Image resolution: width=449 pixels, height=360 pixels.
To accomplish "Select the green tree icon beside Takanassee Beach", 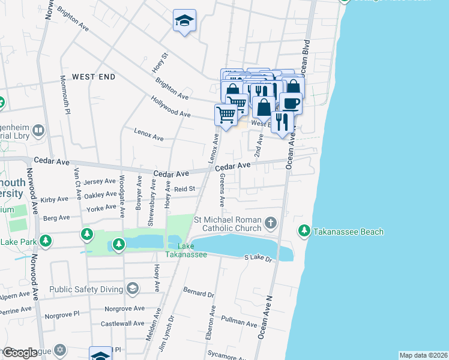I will pyautogui.click(x=304, y=230).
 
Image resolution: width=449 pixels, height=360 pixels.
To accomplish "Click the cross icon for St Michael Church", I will pyautogui.click(x=271, y=223).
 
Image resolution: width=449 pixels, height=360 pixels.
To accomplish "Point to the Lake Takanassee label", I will pyautogui.click(x=187, y=250).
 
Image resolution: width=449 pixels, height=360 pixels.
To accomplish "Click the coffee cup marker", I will pyautogui.click(x=291, y=103).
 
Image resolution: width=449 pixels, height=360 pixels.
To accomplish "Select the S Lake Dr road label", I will pyautogui.click(x=258, y=257).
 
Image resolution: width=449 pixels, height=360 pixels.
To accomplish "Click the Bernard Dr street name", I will pyautogui.click(x=199, y=295).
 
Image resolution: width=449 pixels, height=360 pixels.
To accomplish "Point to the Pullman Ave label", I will pyautogui.click(x=239, y=322).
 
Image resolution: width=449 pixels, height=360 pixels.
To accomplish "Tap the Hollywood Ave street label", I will pyautogui.click(x=170, y=107).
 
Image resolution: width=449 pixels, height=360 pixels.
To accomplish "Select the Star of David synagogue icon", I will pyautogui.click(x=59, y=350).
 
